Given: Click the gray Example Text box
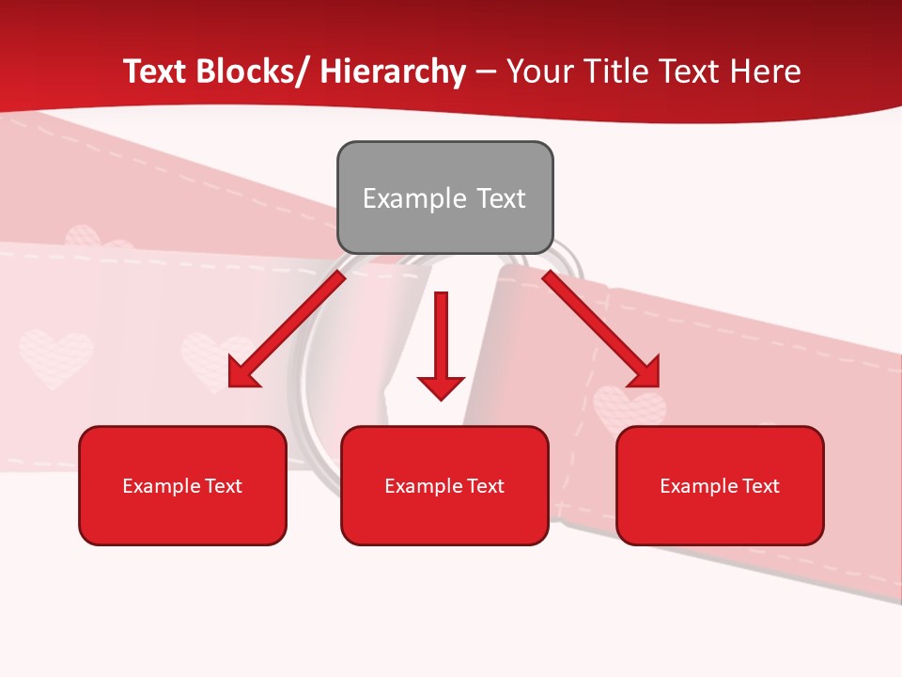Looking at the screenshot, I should click(444, 197).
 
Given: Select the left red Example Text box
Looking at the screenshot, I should click(182, 485).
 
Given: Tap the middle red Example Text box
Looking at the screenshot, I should click(444, 485).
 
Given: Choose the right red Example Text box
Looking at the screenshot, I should click(720, 485).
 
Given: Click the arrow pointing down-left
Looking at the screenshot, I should click(287, 330).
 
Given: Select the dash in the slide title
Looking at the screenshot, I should click(486, 71).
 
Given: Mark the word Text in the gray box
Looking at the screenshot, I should click(500, 198).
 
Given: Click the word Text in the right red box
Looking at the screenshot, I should click(759, 486).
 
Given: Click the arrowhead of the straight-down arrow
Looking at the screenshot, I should click(441, 386).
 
